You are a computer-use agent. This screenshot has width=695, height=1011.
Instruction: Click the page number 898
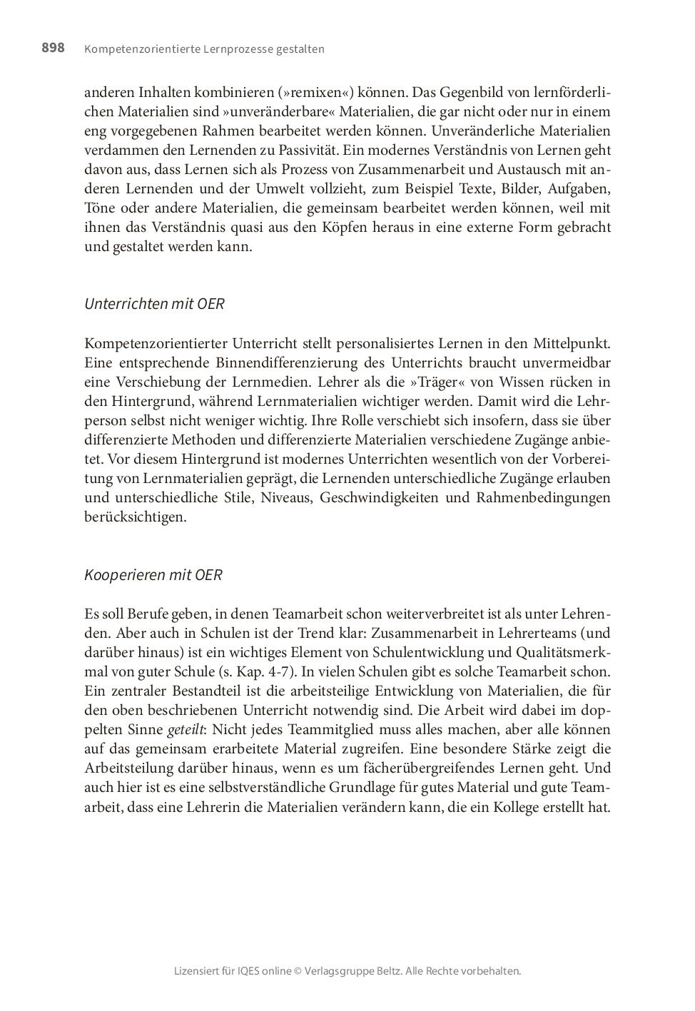coord(53,48)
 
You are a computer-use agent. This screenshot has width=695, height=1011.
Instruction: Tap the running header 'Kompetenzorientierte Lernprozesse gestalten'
coord(204,49)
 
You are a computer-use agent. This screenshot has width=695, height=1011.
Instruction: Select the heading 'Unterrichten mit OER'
coord(154,304)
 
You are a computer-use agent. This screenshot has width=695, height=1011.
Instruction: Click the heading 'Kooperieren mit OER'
coord(153,575)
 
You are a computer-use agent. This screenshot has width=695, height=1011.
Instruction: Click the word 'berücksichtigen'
coord(134,517)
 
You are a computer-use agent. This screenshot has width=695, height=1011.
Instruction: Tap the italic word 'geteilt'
coord(185,730)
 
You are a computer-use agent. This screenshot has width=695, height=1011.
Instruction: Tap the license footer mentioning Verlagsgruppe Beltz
coord(347,971)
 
